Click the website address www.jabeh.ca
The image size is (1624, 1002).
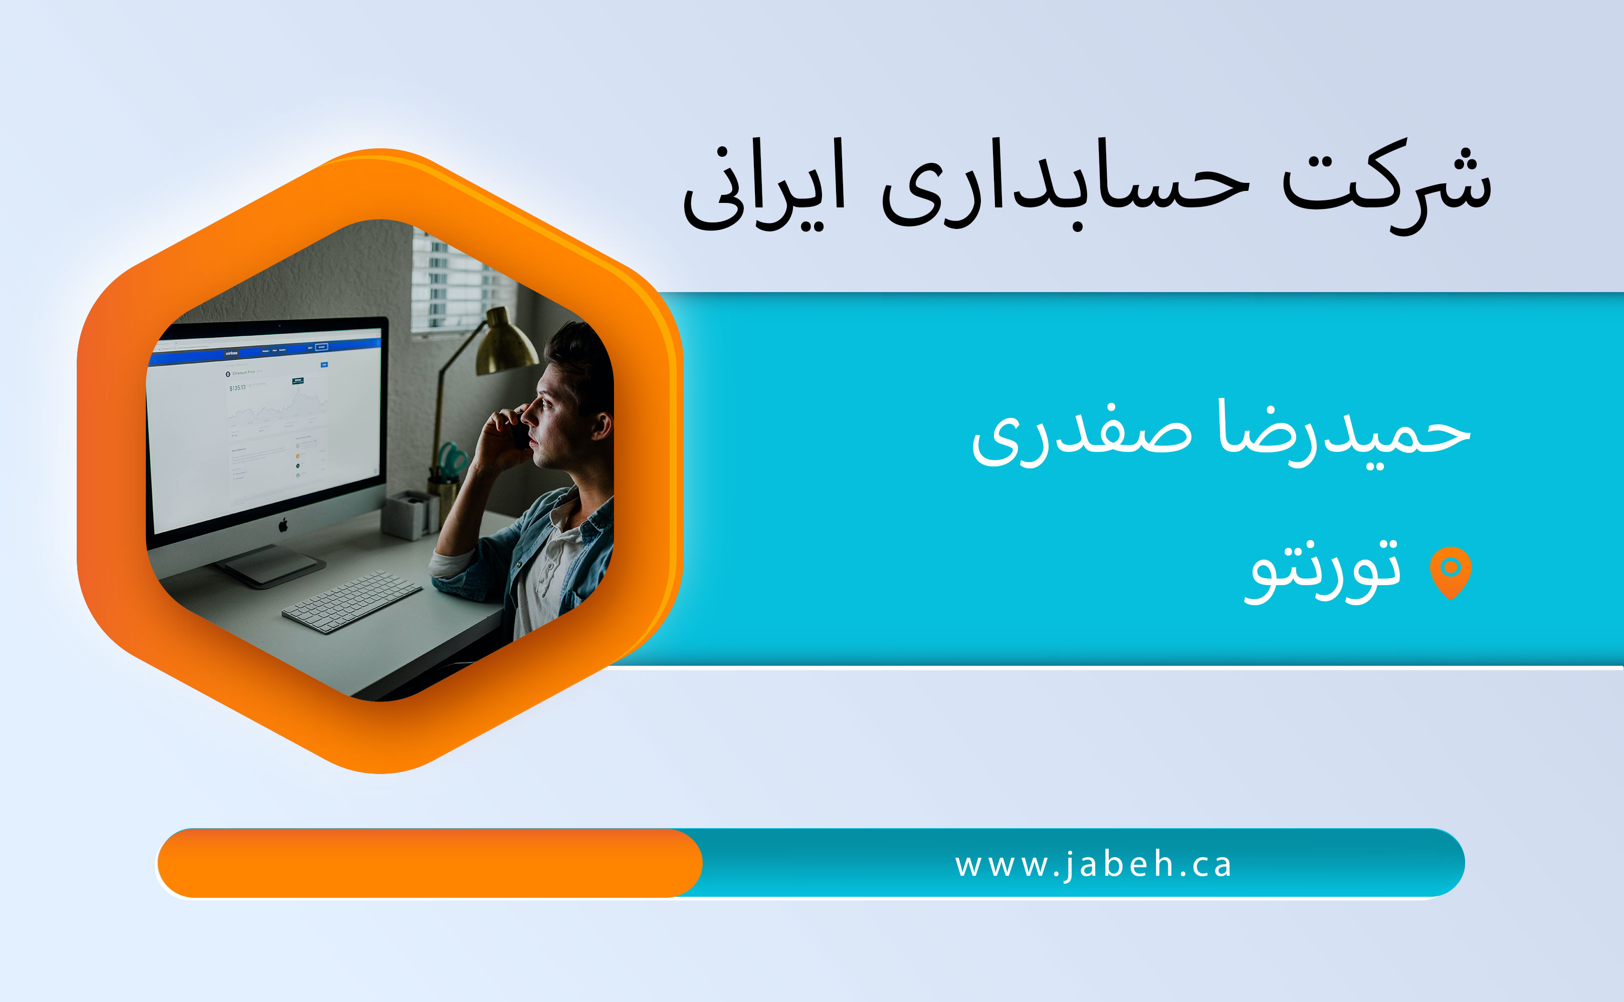tap(1093, 865)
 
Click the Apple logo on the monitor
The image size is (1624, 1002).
tap(283, 526)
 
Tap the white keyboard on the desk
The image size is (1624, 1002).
tap(352, 602)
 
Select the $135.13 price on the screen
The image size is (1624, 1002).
tap(237, 388)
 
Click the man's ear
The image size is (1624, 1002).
tap(600, 425)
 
